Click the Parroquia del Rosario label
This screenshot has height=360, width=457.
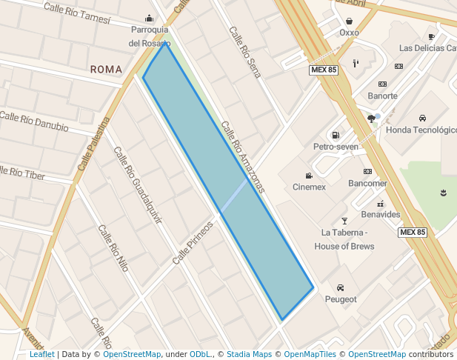coord(150,36)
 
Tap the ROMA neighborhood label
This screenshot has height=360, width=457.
coord(106,69)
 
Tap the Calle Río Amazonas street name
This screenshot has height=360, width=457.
coord(243,158)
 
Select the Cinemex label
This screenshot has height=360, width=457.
coord(309,187)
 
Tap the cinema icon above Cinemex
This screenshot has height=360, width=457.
coord(309,176)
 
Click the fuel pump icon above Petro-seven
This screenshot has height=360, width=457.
coord(336,135)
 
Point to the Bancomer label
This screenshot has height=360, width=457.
coord(367,183)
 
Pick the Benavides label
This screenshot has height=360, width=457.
coord(381,214)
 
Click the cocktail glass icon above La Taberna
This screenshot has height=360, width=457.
coord(344,221)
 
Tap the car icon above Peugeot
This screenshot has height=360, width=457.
coord(340,287)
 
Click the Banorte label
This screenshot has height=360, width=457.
coord(382,96)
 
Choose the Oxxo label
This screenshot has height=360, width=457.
coord(349,33)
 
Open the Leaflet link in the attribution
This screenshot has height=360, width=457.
coord(41,354)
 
